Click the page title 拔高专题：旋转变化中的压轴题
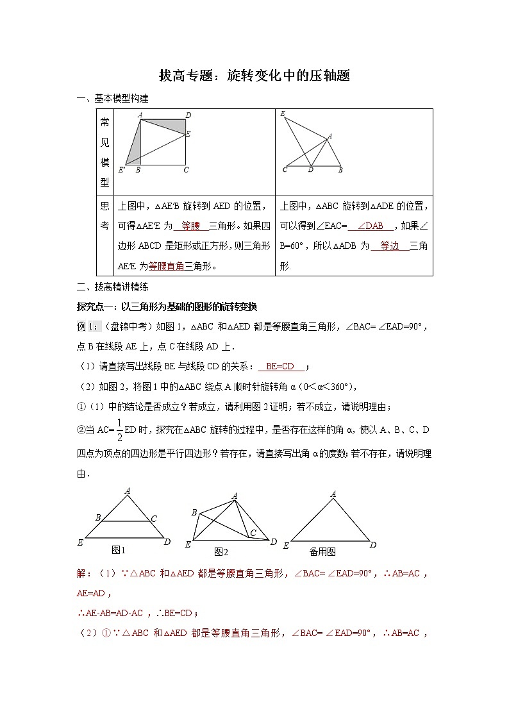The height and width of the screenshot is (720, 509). point(254,76)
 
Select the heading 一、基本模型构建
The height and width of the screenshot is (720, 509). point(113,99)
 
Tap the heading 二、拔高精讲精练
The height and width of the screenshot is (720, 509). point(113,287)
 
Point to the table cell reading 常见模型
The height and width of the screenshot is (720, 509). point(104,152)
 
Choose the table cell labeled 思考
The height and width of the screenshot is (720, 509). point(104,216)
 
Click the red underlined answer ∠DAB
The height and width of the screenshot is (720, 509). point(370,226)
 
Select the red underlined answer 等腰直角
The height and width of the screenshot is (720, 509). point(167,265)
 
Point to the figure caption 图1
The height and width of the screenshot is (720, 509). point(118,549)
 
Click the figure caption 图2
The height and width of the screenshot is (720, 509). point(221,551)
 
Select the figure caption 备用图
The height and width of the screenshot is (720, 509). point(322,551)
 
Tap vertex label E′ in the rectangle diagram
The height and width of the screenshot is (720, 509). point(121,170)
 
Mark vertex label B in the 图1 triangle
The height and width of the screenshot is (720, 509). point(97,517)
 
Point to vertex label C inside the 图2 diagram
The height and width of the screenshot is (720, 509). point(253,533)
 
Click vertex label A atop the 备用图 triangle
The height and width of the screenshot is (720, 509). point(333,494)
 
